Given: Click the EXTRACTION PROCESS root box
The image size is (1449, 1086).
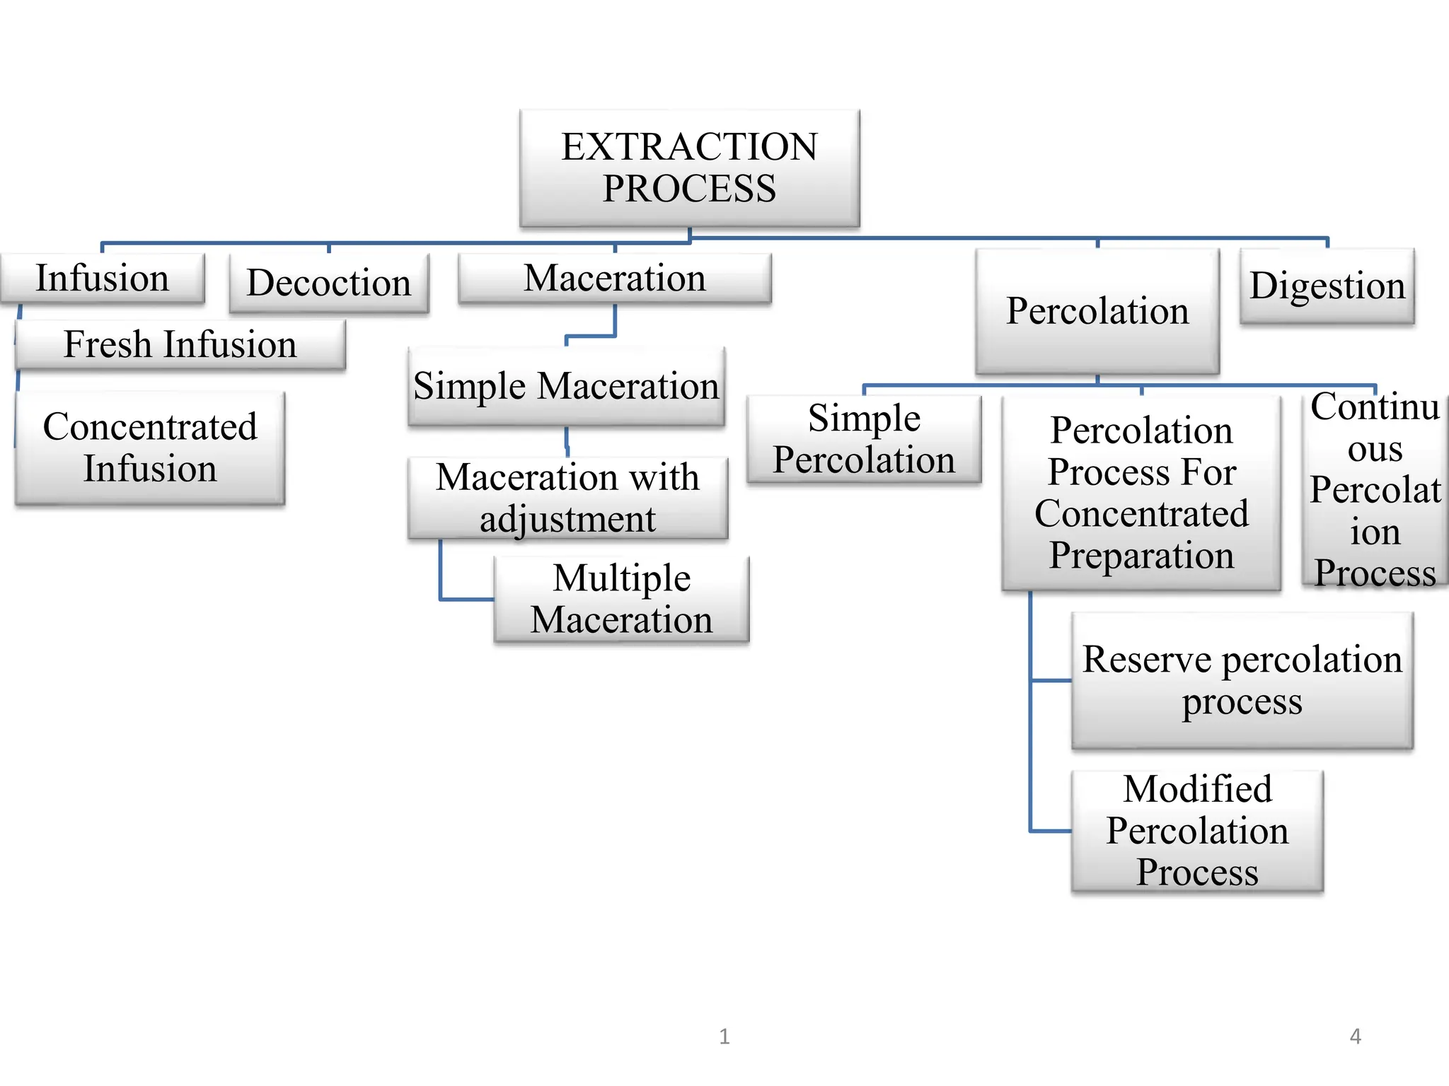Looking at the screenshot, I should [x=689, y=168].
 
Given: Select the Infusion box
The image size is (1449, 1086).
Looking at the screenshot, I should [x=103, y=279].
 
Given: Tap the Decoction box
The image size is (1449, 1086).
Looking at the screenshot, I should [x=329, y=283].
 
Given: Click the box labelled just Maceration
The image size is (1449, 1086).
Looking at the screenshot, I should [x=614, y=279].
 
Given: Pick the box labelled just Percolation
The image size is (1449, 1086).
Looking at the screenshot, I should [x=1097, y=311].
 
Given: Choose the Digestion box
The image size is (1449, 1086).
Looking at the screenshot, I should [x=1327, y=286].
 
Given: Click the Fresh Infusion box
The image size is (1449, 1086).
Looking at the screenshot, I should [x=180, y=344].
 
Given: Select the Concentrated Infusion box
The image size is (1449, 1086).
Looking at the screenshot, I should [x=150, y=448].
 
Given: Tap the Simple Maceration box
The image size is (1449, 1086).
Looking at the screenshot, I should [x=566, y=386].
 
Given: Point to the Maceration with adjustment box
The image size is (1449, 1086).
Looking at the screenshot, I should [x=567, y=498].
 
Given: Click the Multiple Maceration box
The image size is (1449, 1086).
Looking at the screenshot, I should [x=621, y=599].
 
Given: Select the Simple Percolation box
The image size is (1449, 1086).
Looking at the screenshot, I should [x=864, y=439].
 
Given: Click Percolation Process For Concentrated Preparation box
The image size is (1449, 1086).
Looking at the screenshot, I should [x=1141, y=493].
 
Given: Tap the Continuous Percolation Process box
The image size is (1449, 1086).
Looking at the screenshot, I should [x=1374, y=489].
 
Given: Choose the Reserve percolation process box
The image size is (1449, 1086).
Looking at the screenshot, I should [x=1242, y=680].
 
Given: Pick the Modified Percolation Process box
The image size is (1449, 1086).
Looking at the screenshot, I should [x=1197, y=831].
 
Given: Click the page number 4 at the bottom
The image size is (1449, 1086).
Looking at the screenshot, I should [x=1355, y=1037].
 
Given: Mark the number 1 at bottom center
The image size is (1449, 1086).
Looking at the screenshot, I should [x=724, y=1037].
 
